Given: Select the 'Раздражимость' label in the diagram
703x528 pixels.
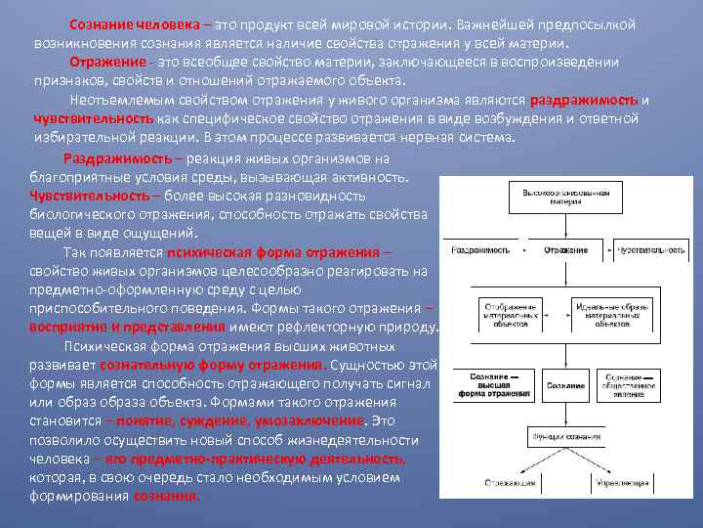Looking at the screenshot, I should point(478,250).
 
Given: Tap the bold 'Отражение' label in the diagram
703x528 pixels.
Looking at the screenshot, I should point(566,250).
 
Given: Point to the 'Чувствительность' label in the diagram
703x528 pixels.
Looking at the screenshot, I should point(651,250).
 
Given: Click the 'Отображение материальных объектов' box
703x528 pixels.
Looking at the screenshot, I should point(510,316).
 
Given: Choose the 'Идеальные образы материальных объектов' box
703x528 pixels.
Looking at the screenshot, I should point(612,316).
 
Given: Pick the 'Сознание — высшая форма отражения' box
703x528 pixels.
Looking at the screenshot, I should point(494,385).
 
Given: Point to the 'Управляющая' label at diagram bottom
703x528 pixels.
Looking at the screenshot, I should point(624,482).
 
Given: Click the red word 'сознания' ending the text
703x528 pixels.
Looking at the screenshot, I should point(167,496).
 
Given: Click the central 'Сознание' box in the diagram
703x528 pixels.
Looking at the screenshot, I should point(566,385).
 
